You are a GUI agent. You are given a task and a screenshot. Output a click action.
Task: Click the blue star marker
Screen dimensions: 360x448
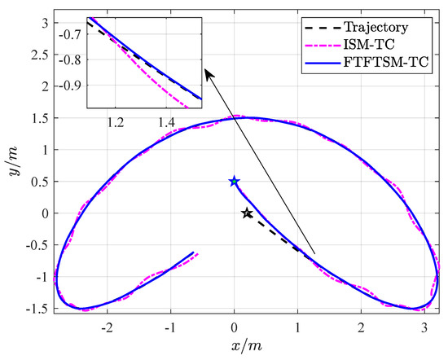[235, 182]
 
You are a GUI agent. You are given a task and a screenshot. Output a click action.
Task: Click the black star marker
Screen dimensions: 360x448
[248, 213]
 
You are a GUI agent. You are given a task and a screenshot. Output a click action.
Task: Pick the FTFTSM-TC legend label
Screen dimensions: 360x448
[394, 62]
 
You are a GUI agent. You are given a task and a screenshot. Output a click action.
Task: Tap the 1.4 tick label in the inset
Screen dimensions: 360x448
[166, 122]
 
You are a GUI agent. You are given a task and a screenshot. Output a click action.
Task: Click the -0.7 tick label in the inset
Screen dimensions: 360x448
[71, 33]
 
